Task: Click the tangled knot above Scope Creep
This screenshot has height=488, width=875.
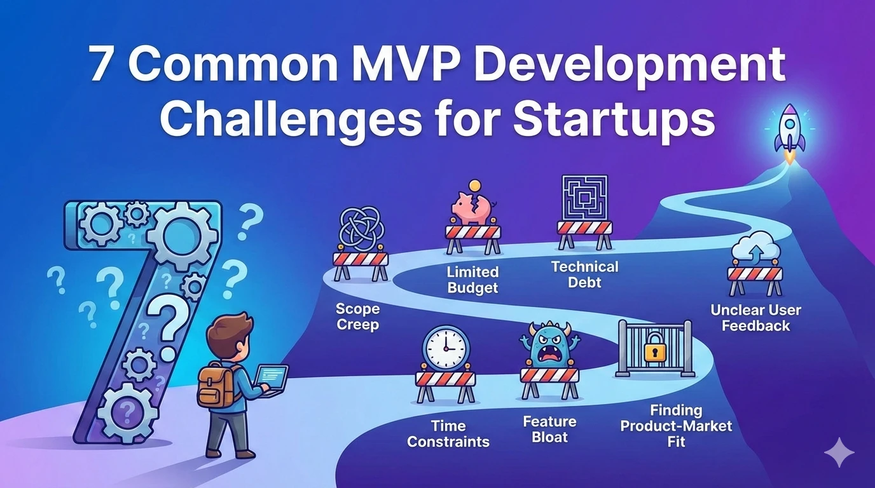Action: pos(360,229)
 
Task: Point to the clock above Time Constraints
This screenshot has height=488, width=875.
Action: pos(446,348)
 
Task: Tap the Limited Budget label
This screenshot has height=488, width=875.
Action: pos(472,280)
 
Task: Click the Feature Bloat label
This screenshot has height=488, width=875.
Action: pos(549,429)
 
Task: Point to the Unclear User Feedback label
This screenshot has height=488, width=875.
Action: pos(755,318)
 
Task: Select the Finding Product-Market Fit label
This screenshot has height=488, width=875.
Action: pos(676,426)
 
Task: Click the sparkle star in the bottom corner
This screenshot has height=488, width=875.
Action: pos(839,452)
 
